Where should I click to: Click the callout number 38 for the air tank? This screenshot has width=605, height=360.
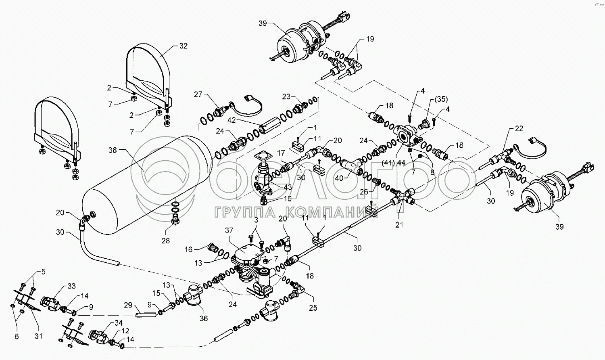click(x=113, y=150)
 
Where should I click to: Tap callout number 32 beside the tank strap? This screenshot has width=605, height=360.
click(x=183, y=46)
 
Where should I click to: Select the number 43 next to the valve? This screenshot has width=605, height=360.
click(x=288, y=188)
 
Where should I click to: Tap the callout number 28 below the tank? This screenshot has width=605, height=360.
click(x=165, y=241)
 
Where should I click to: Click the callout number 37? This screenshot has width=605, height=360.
click(x=229, y=230)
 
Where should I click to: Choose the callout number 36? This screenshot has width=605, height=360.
click(x=204, y=318)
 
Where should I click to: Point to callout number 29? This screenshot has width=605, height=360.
click(x=128, y=306)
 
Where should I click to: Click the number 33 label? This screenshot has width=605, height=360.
click(x=71, y=286)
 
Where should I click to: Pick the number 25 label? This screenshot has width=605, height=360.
click(x=313, y=308)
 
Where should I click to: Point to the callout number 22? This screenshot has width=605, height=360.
click(x=519, y=128)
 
